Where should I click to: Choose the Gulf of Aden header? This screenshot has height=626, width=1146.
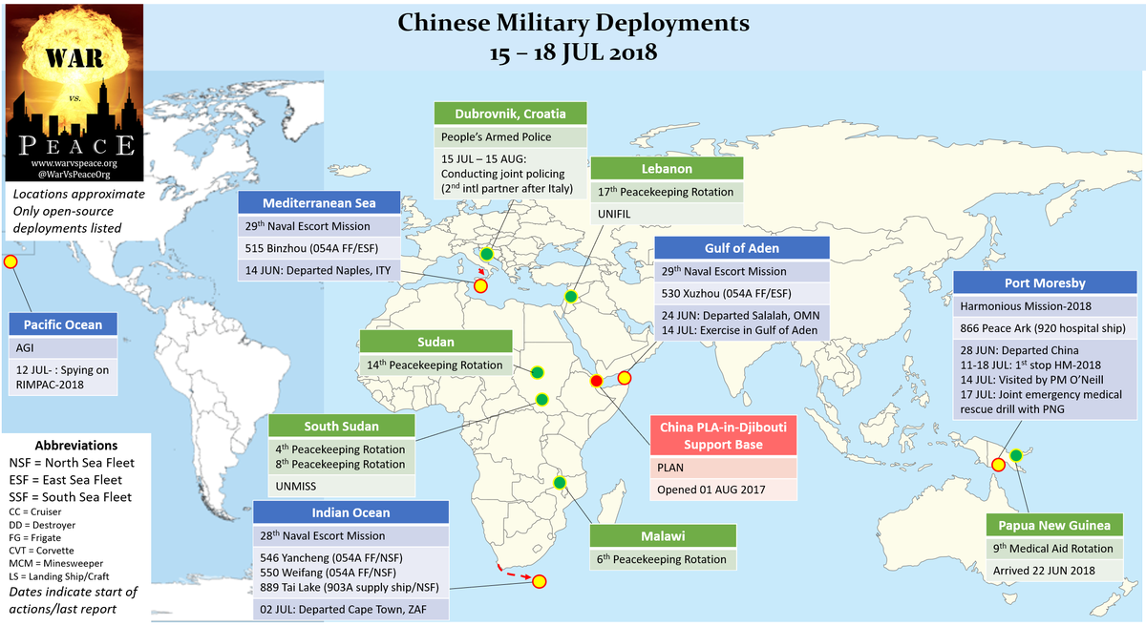pyautogui.click(x=741, y=248)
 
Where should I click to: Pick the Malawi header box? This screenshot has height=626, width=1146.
pyautogui.click(x=663, y=536)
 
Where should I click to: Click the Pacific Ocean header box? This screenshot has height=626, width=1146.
pyautogui.click(x=63, y=325)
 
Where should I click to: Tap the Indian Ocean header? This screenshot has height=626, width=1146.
pyautogui.click(x=350, y=513)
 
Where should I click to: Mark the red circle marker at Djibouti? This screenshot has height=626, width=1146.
pyautogui.click(x=597, y=382)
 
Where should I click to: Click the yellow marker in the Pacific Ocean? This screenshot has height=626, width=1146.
pyautogui.click(x=11, y=261)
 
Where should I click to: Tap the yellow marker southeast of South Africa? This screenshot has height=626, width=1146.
pyautogui.click(x=539, y=581)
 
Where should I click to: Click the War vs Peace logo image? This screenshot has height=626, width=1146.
pyautogui.click(x=74, y=93)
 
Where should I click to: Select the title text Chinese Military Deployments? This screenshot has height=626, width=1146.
pyautogui.click(x=573, y=22)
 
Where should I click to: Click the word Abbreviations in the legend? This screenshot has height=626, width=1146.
pyautogui.click(x=75, y=446)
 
